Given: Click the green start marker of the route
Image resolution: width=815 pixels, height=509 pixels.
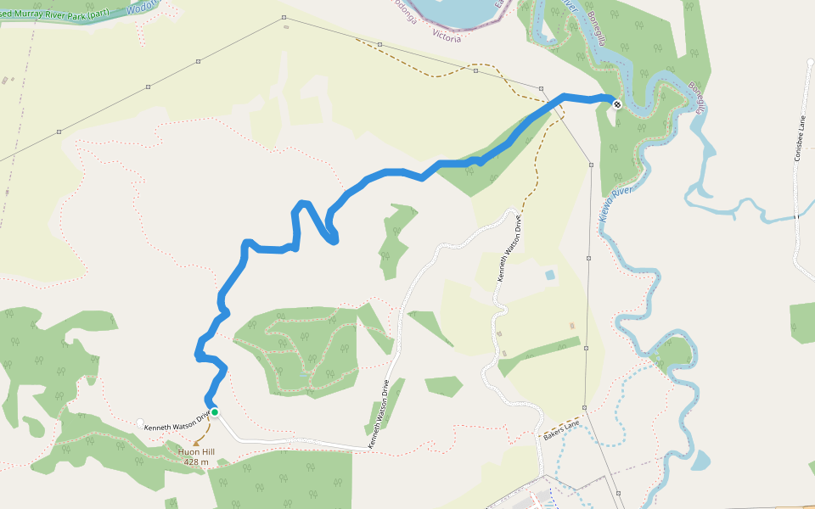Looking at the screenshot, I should click(x=215, y=412).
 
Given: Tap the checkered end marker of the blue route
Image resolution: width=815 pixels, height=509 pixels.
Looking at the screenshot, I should click(x=616, y=104).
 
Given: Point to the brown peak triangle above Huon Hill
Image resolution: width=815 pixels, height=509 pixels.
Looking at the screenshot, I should click(x=196, y=443).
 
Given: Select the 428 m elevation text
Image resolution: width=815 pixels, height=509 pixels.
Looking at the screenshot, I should click(x=195, y=462).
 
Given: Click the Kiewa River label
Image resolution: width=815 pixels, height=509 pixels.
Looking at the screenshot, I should click(x=616, y=204).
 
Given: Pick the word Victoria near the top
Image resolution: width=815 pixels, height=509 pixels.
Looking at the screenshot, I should click(x=447, y=38).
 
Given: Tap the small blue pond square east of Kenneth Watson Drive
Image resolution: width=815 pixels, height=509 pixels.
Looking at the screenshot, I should click(x=550, y=275).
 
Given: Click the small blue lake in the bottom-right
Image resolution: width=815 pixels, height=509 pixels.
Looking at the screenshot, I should click(x=700, y=461).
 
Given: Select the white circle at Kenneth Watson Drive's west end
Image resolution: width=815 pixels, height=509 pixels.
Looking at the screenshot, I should click(x=140, y=422).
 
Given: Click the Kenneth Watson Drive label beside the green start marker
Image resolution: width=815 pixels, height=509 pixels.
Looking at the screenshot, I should click(x=176, y=421).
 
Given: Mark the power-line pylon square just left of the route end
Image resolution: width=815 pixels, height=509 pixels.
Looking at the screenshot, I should click(x=541, y=87).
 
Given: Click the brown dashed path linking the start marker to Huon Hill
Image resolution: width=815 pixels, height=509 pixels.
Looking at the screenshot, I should click(x=206, y=429).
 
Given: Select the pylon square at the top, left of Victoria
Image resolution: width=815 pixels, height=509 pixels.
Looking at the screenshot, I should click(x=284, y=17).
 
